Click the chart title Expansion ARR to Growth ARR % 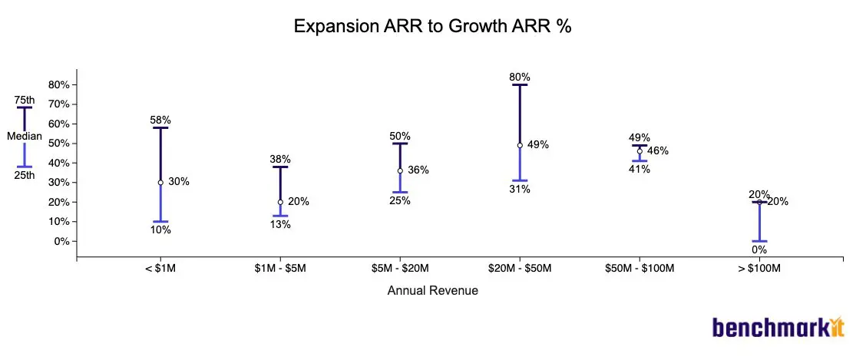[433, 26]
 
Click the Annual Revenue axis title [432, 291]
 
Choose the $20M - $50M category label [520, 269]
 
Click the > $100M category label [759, 269]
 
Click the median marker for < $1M [160, 183]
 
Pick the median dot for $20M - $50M [520, 145]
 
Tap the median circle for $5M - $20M [400, 171]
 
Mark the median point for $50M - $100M [640, 151]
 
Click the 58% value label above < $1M [160, 120]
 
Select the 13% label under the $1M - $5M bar [280, 225]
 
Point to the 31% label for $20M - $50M [520, 190]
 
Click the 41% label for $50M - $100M [640, 170]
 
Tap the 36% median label [418, 170]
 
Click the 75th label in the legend [25, 100]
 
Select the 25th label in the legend [25, 175]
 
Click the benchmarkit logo [778, 327]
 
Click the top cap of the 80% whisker [520, 84]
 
